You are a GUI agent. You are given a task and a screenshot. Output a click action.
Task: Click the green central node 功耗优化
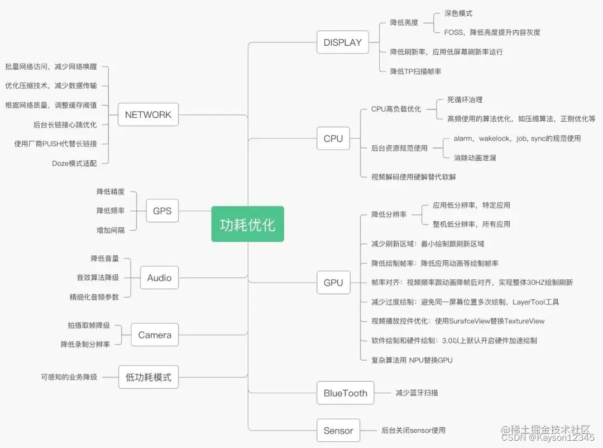tap(247, 224)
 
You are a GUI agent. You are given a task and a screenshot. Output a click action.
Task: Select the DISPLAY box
tap(343, 42)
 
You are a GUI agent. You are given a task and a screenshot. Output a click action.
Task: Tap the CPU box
tap(333, 139)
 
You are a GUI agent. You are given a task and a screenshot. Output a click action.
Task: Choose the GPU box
tap(333, 283)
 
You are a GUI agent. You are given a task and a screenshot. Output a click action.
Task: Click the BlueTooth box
tap(346, 393)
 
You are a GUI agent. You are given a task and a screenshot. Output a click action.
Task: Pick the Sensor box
tap(338, 431)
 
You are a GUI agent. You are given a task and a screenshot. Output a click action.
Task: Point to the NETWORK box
tap(148, 115)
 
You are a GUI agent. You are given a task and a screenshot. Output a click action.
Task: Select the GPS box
tap(162, 211)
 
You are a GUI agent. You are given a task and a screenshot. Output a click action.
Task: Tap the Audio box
tap(159, 278)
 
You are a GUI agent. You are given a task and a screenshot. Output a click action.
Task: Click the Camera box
tap(155, 335)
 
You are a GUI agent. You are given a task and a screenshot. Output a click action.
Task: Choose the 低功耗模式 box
tap(148, 377)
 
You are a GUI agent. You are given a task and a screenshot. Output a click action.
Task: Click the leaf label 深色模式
tap(458, 13)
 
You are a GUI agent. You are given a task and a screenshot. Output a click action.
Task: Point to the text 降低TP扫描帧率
tap(416, 72)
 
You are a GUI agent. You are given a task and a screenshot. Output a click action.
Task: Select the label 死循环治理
tap(465, 100)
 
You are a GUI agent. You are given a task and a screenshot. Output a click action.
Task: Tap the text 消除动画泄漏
tap(475, 158)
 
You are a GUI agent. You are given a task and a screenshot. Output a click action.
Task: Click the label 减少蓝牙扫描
tap(417, 393)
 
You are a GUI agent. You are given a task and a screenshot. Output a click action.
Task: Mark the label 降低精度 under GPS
tap(111, 192)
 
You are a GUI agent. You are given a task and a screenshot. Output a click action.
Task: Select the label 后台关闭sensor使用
tap(413, 431)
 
